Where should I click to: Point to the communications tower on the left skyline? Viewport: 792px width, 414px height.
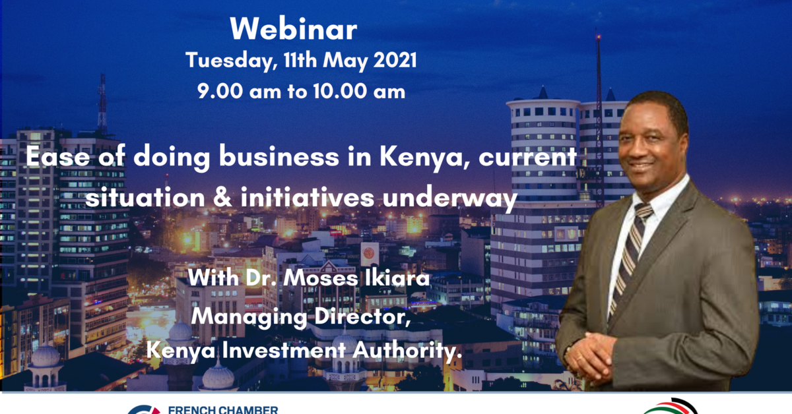pyautogui.click(x=102, y=105)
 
